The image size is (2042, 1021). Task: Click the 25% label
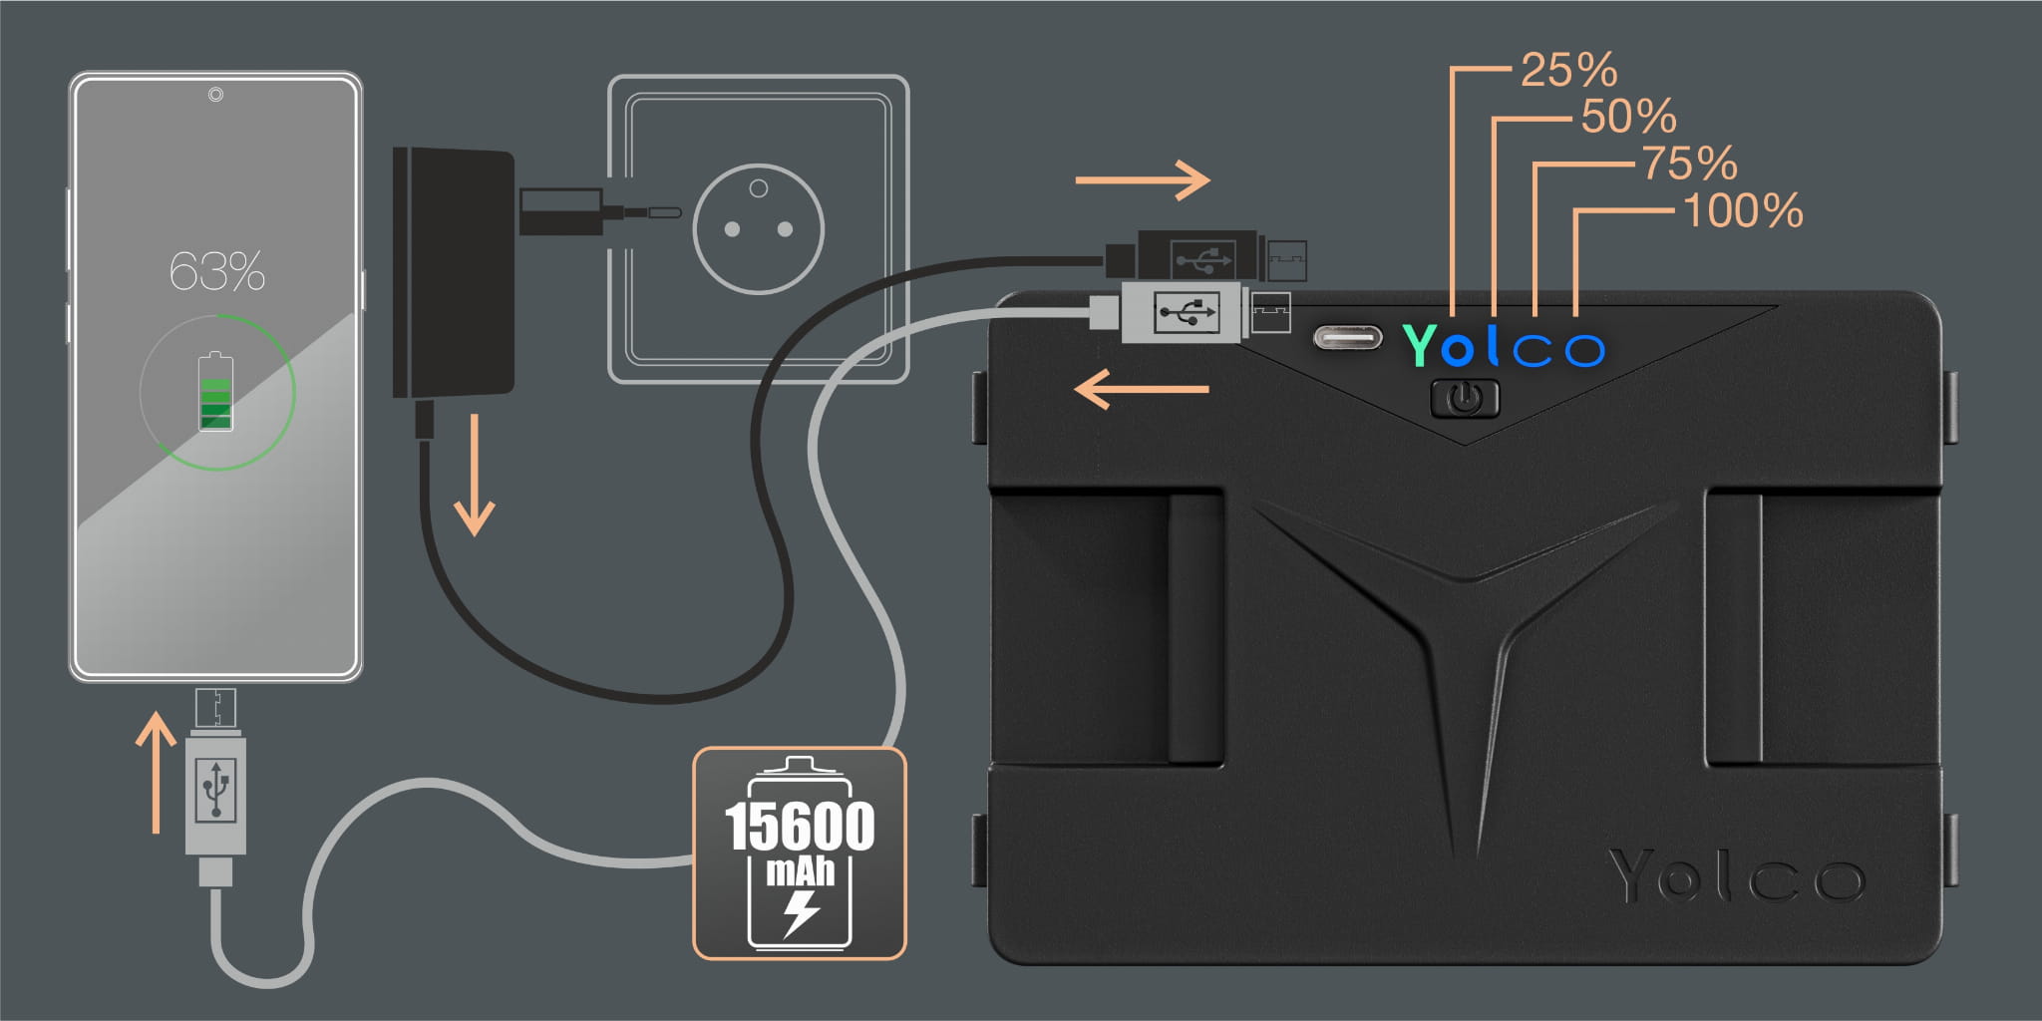coord(1568,71)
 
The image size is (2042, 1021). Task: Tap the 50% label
coord(1628,117)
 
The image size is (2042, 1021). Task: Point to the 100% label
coord(1742,211)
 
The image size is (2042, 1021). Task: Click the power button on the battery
coord(1464,399)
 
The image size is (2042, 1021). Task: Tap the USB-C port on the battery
coord(1347,338)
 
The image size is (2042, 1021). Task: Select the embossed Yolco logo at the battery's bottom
coord(1735,877)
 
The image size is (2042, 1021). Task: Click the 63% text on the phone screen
coord(216,271)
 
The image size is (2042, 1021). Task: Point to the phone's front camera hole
coord(215,95)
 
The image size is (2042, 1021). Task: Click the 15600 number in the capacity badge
coord(799,827)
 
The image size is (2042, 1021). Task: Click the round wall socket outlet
coord(758,228)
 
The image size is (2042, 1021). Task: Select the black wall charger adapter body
coord(454,271)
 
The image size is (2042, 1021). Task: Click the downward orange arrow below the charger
coord(474,476)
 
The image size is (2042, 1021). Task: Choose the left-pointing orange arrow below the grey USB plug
coord(1141,389)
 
